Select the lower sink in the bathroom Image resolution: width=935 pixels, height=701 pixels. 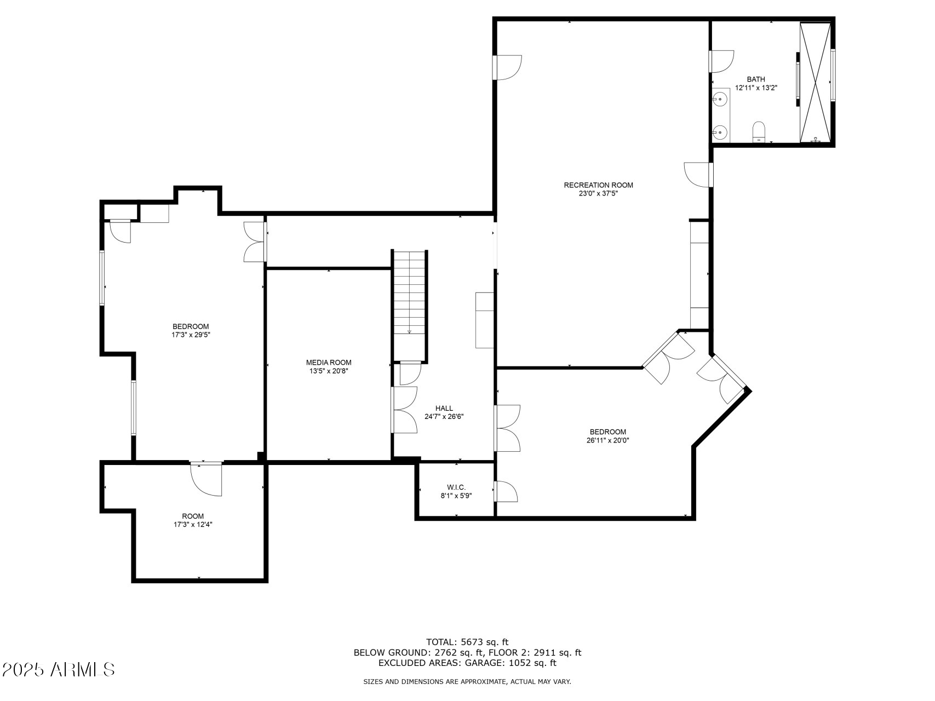coord(721,132)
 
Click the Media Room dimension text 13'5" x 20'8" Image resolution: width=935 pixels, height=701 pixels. coord(329,371)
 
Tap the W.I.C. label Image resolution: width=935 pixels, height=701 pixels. coord(456,487)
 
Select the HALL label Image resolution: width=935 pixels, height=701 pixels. coord(444,408)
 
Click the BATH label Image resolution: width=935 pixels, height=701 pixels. coord(756,79)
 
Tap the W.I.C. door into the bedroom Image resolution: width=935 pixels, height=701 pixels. coord(506,491)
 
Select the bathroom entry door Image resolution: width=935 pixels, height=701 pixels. coord(721,61)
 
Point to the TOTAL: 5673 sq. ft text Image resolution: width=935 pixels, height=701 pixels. coord(467,642)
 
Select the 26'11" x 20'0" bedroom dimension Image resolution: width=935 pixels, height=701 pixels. coord(607,440)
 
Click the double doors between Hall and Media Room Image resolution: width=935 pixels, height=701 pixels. coord(404,410)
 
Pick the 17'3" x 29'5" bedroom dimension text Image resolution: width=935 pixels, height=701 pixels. coord(191,334)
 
